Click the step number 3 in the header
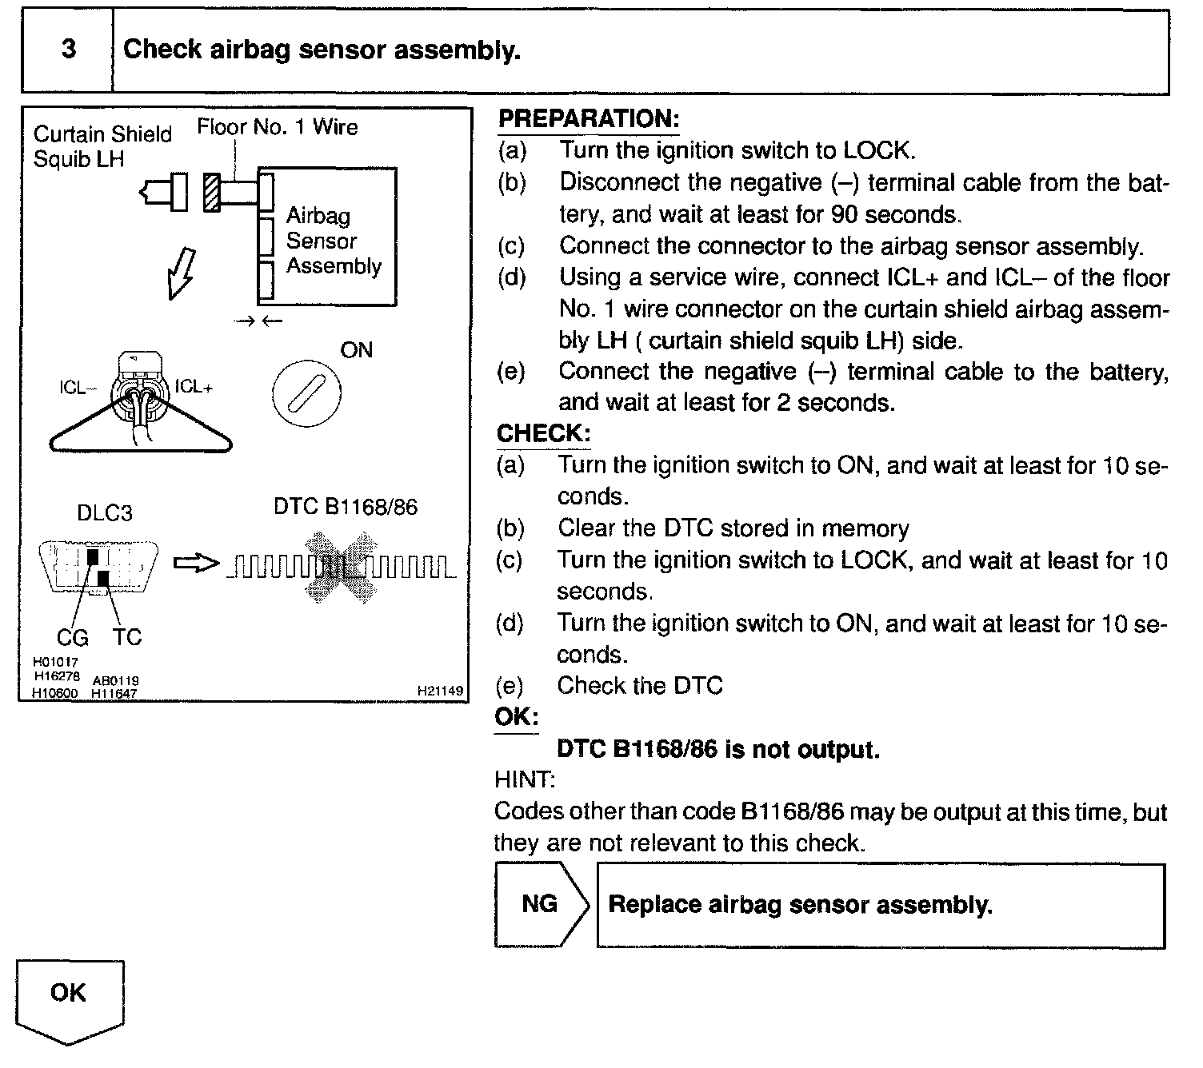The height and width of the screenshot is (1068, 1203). click(69, 50)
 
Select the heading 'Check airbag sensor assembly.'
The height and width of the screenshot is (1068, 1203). click(322, 50)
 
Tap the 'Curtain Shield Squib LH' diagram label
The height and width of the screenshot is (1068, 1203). click(102, 146)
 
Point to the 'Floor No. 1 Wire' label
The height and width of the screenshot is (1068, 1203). click(278, 127)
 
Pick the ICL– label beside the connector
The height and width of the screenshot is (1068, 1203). click(78, 388)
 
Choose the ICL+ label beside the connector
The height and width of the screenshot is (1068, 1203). click(194, 387)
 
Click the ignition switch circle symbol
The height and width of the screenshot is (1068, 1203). click(306, 394)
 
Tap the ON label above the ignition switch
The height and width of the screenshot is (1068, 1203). click(356, 350)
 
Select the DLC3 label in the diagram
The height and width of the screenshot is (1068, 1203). click(105, 512)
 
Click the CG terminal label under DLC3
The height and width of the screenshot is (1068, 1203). click(73, 637)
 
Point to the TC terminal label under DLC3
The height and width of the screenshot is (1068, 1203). click(126, 637)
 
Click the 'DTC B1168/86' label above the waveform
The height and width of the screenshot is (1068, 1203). click(346, 507)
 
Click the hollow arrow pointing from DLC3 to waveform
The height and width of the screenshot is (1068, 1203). click(196, 564)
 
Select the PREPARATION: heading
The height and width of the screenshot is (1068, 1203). click(589, 119)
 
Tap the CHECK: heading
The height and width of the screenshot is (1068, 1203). click(544, 434)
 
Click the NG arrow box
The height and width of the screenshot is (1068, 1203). click(541, 904)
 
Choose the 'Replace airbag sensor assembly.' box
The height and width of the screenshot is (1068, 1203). click(881, 905)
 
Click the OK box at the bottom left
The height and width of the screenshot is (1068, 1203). click(69, 993)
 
